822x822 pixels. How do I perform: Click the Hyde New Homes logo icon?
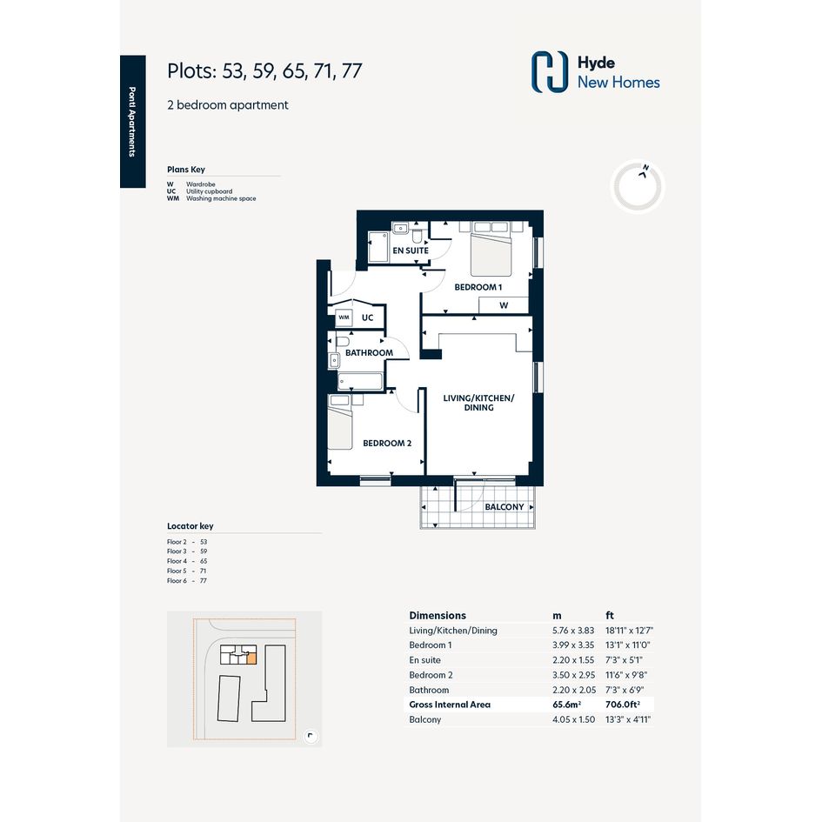[x=550, y=72]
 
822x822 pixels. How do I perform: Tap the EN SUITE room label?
[x=411, y=251]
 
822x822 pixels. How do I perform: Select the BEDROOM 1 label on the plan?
[x=478, y=287]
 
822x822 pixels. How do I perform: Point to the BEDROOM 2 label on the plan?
[x=387, y=444]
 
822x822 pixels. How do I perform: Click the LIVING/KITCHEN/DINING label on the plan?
[x=478, y=403]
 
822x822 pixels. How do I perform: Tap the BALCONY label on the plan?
[x=505, y=507]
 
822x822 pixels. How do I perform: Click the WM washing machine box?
[x=344, y=317]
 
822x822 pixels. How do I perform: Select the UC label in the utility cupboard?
[x=367, y=317]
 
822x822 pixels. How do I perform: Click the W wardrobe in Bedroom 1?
[x=504, y=305]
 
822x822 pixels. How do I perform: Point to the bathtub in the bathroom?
[x=360, y=382]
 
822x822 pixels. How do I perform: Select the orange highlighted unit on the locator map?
[x=251, y=659]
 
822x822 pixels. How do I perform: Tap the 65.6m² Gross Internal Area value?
[x=566, y=705]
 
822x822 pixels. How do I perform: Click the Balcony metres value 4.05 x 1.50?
[x=573, y=719]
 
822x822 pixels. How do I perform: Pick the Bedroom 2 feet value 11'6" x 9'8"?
[x=625, y=675]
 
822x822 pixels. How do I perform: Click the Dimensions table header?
[x=438, y=616]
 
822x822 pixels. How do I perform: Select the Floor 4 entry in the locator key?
[x=187, y=561]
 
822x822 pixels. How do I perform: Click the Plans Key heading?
[x=186, y=170]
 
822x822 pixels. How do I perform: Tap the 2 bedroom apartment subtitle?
[x=228, y=105]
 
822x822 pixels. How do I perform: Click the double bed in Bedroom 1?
[x=491, y=249]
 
